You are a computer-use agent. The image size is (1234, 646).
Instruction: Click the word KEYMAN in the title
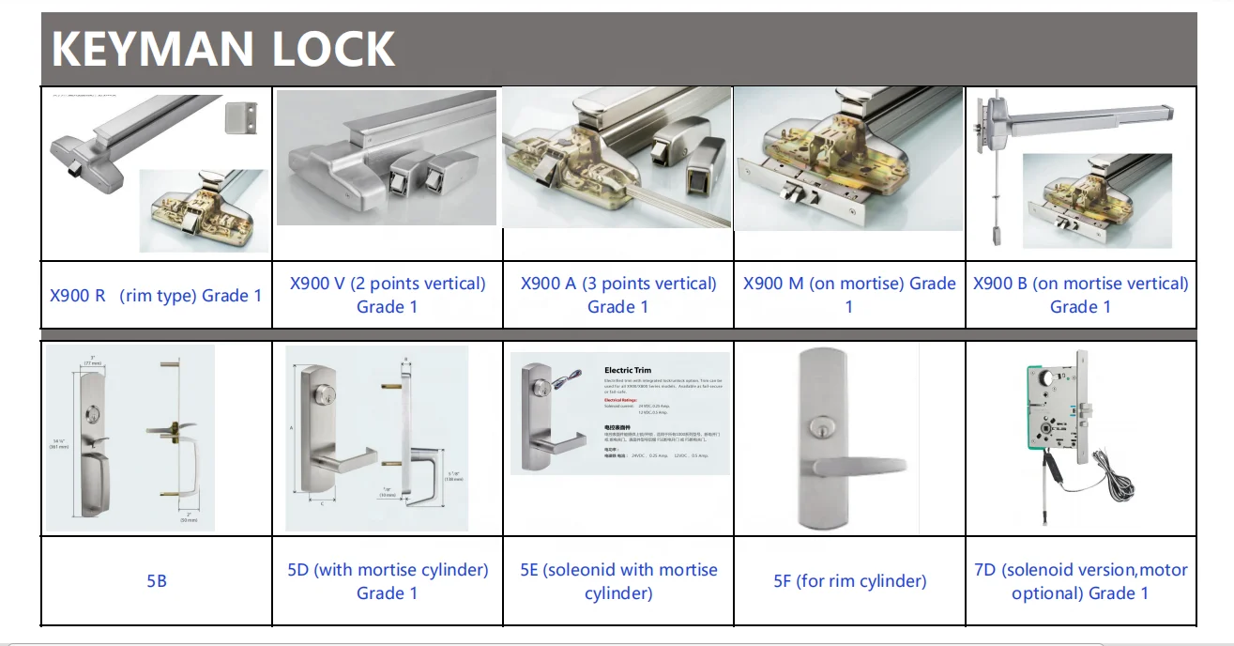click(x=154, y=49)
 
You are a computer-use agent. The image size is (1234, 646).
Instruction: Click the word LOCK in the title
click(x=333, y=49)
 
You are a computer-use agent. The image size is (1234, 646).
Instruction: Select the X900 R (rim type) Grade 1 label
click(x=156, y=296)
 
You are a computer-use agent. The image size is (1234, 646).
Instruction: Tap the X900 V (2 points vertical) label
click(x=388, y=295)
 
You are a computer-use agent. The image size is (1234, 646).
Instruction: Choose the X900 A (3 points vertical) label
click(x=618, y=295)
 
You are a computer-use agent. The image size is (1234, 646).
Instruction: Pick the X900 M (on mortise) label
click(x=849, y=295)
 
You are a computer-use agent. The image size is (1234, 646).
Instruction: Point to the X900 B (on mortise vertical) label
click(x=1080, y=295)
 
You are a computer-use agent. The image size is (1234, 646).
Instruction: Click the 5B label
click(x=157, y=581)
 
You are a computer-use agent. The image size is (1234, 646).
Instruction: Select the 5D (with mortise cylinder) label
click(x=388, y=581)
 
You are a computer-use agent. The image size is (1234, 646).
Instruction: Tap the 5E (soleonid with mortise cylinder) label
click(x=618, y=581)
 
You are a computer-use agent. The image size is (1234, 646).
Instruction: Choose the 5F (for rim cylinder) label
click(x=849, y=581)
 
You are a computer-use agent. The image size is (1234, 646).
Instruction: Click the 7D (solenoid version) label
click(x=1080, y=581)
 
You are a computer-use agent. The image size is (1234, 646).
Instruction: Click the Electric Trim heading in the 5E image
click(x=628, y=371)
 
